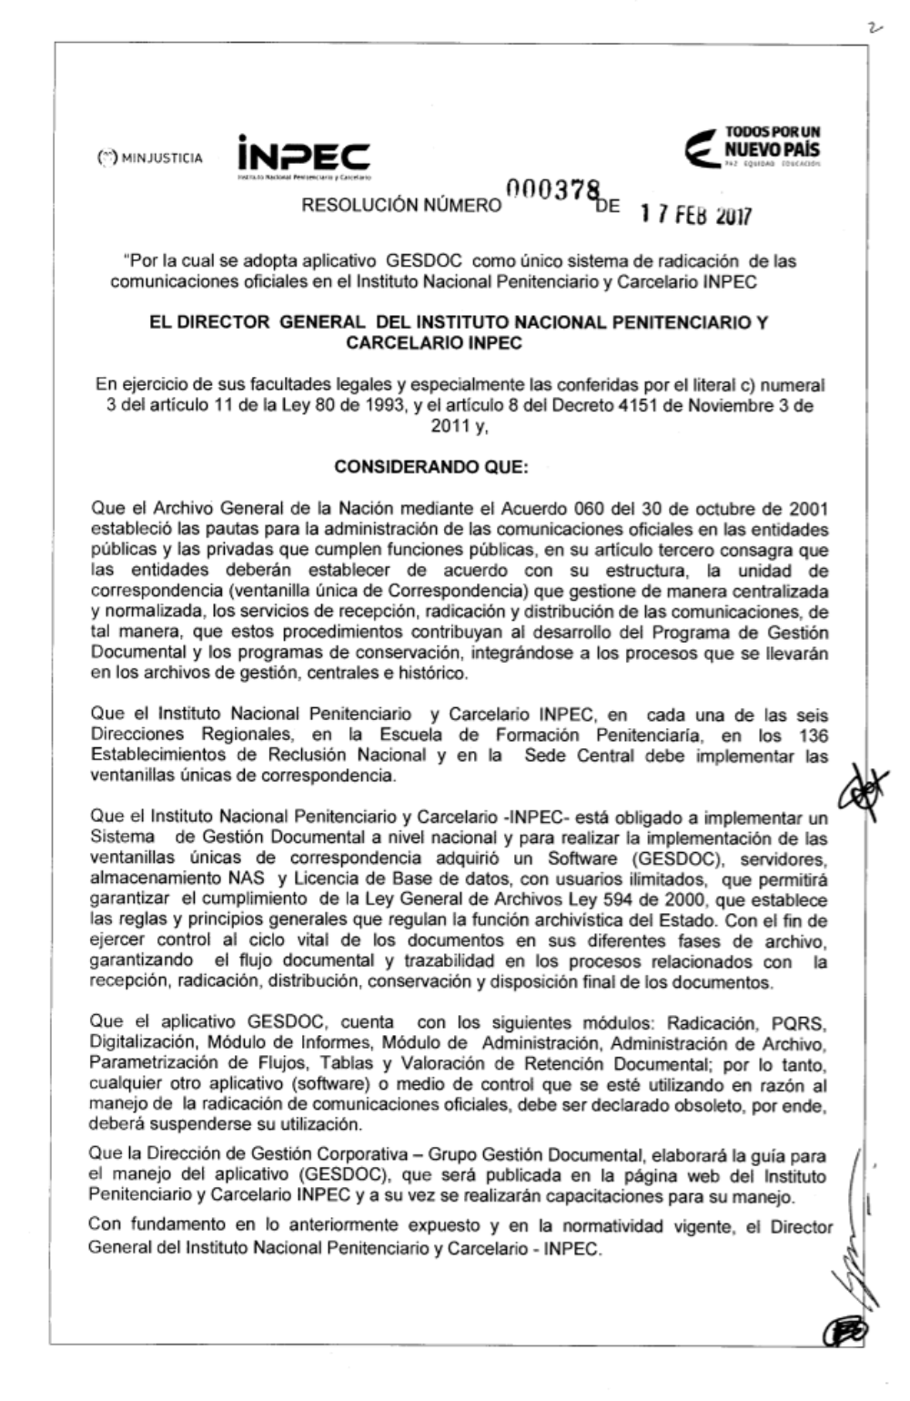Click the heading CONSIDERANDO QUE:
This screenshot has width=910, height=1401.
(430, 468)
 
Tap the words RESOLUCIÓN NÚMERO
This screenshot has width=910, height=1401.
(401, 206)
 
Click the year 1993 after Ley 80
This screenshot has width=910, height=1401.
(380, 406)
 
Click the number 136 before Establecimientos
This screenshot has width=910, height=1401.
(810, 735)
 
